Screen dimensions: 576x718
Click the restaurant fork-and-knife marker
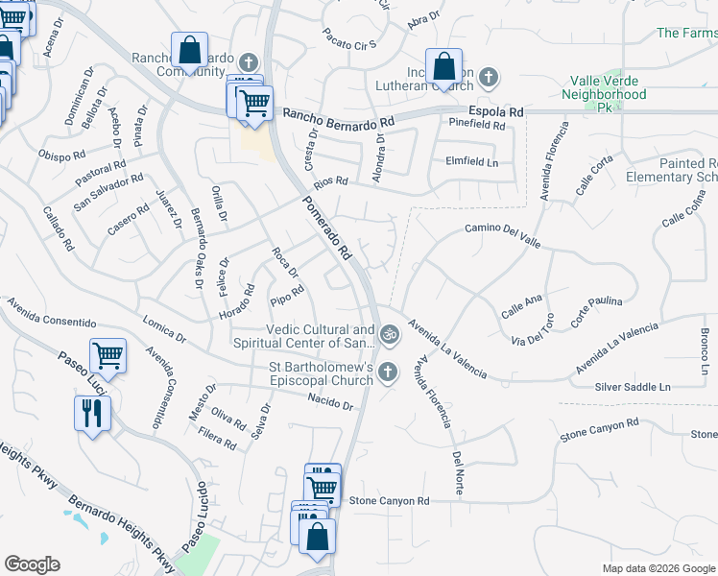click(x=93, y=414)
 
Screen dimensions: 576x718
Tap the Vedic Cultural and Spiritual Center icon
click(x=389, y=335)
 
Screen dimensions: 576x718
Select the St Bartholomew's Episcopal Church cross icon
click(x=388, y=371)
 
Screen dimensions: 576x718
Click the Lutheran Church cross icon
click(x=489, y=76)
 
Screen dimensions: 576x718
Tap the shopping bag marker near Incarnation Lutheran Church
click(x=443, y=67)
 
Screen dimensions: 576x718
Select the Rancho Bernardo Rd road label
click(x=339, y=118)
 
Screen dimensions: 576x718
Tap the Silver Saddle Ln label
click(x=632, y=386)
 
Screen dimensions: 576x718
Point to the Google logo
click(x=32, y=564)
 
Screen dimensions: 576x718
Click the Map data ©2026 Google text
click(x=658, y=568)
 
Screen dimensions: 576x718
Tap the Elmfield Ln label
click(x=471, y=162)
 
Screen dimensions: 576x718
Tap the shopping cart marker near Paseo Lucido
click(x=108, y=356)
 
